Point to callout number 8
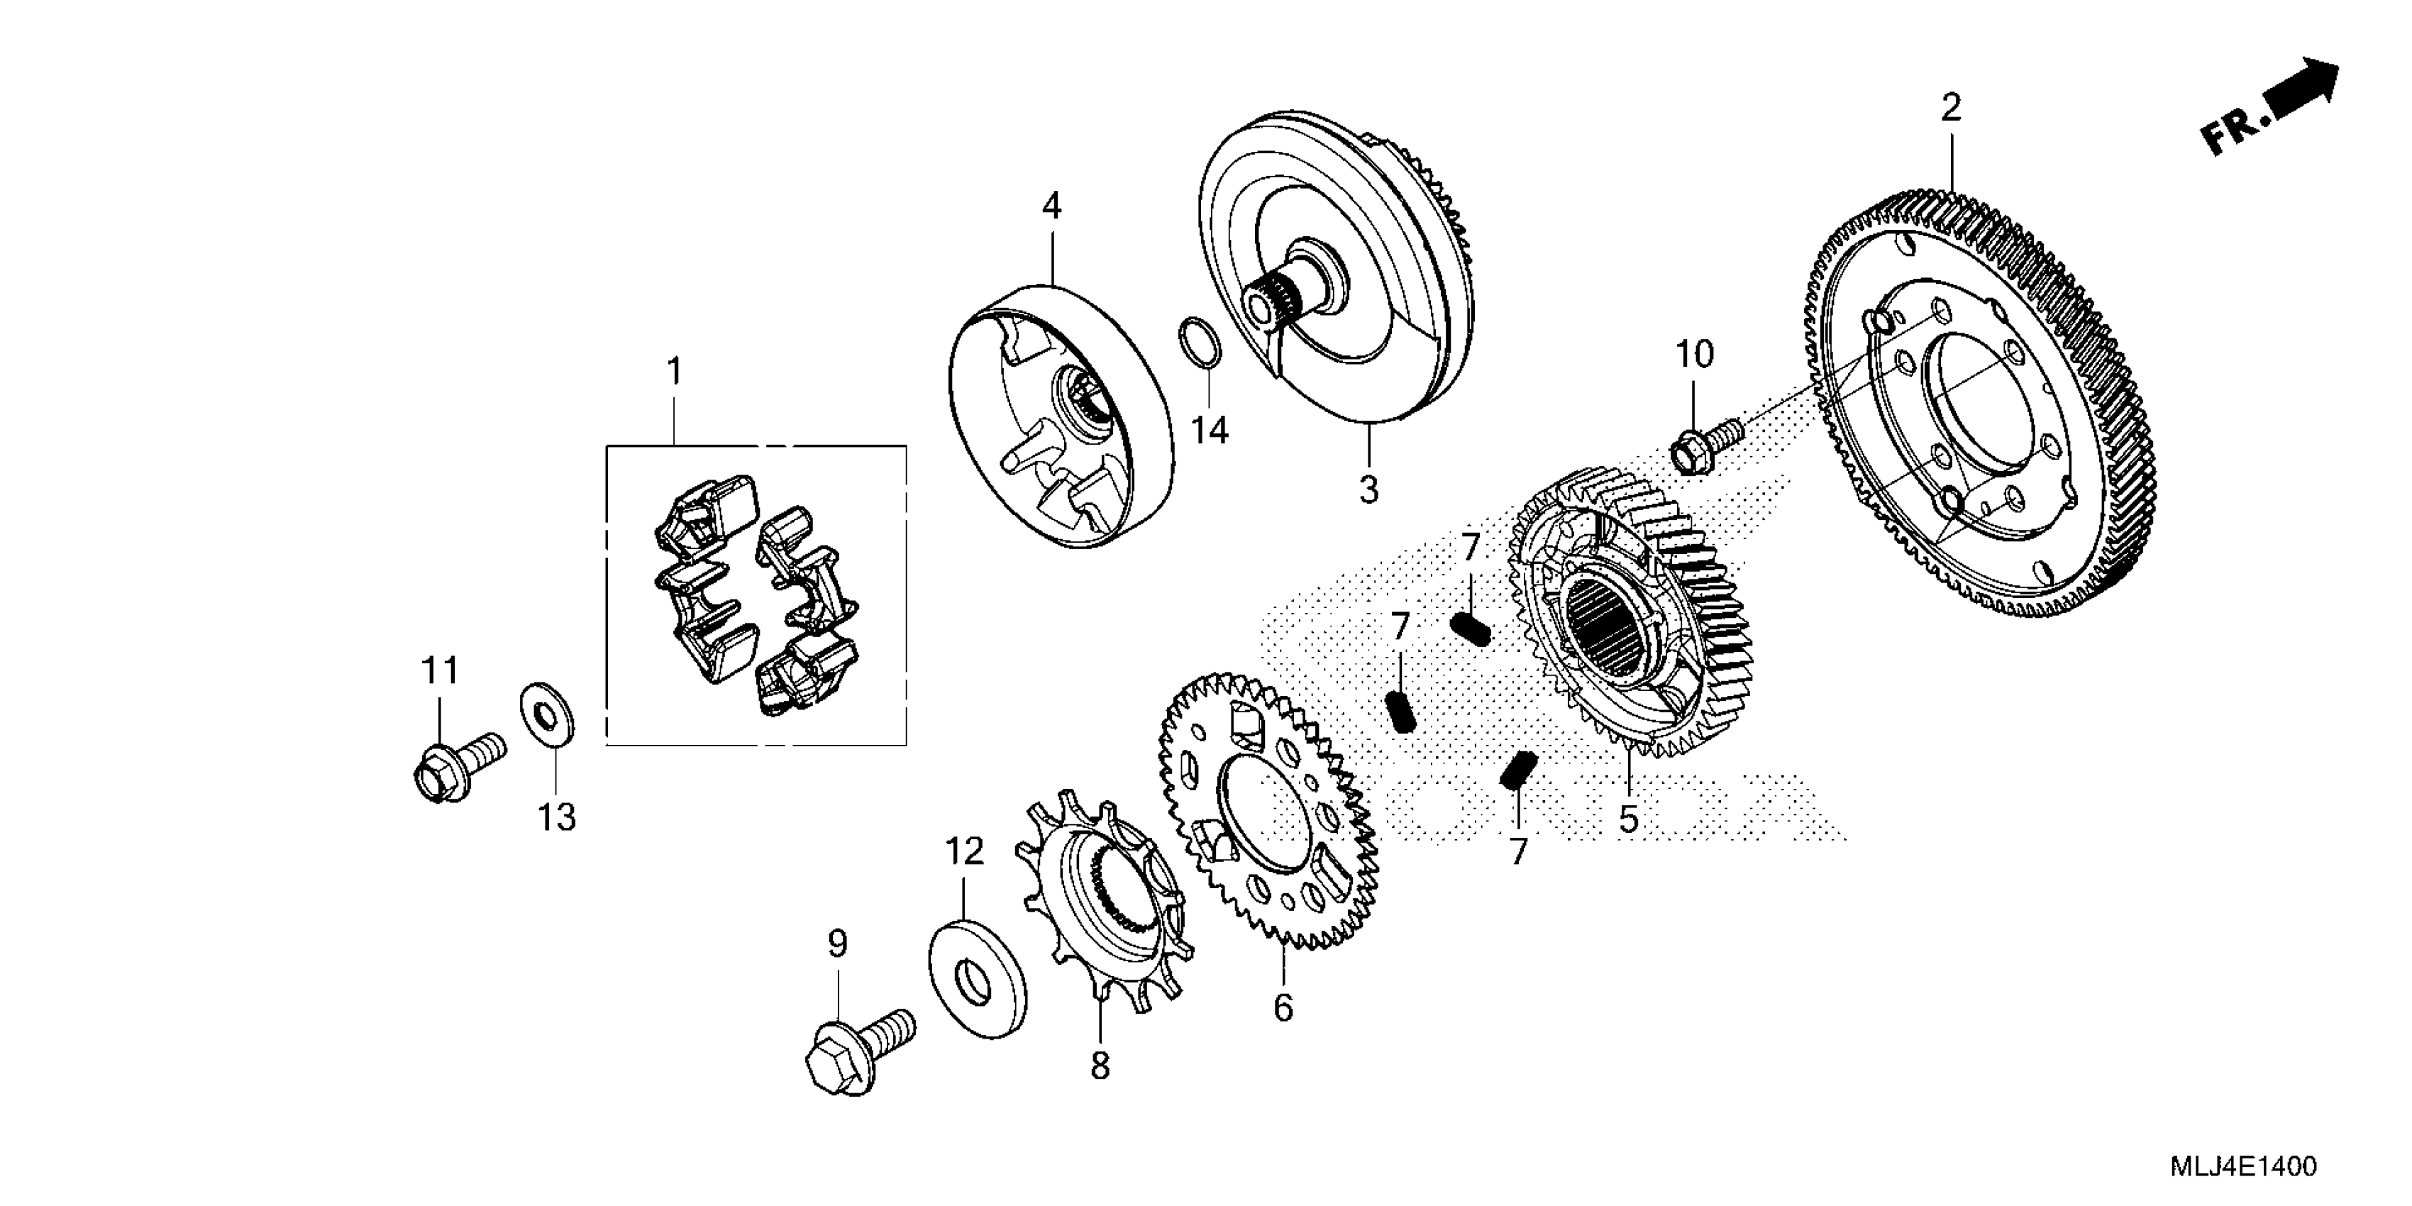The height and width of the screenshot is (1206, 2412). tap(1100, 1066)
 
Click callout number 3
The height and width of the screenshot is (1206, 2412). tap(1369, 489)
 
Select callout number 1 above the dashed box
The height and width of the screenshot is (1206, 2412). tap(674, 372)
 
